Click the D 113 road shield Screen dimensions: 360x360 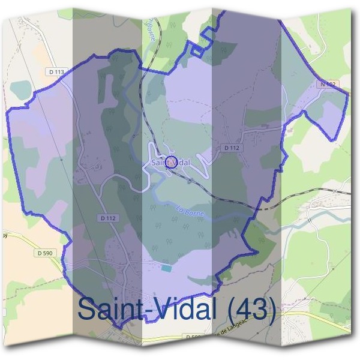55,71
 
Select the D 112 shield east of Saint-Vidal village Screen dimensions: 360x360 231,147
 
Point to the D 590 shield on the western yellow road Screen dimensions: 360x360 44,254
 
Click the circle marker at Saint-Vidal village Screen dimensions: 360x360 170,162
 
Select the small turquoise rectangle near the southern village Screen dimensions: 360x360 165,267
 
